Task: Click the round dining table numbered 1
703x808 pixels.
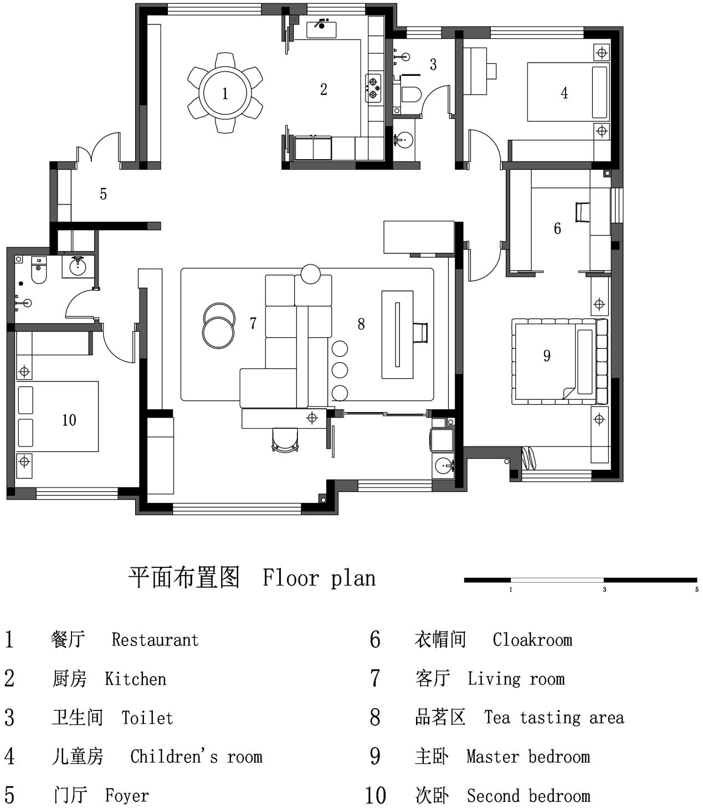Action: click(x=225, y=93)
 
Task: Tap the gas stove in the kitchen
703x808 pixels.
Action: click(x=373, y=88)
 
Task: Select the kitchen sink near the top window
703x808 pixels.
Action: click(x=321, y=29)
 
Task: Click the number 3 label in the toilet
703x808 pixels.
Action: click(x=433, y=64)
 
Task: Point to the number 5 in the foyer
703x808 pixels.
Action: click(x=103, y=194)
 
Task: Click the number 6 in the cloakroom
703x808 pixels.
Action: click(x=557, y=228)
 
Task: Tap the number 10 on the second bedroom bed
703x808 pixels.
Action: click(x=69, y=420)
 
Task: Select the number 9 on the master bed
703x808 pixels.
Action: click(x=546, y=356)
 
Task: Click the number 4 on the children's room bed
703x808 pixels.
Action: click(x=564, y=93)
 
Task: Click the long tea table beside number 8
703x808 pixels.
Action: click(x=397, y=334)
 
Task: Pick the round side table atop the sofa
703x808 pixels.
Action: click(x=310, y=274)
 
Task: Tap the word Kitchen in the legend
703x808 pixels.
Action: click(x=135, y=679)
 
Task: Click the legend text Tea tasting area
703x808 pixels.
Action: click(x=554, y=718)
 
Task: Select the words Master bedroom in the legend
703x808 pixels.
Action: click(x=528, y=756)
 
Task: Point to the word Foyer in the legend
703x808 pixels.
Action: click(x=127, y=795)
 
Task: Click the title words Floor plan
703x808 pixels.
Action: click(x=319, y=578)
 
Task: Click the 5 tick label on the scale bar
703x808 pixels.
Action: click(x=697, y=590)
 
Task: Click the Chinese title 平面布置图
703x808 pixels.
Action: click(x=184, y=577)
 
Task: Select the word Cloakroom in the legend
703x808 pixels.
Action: click(x=532, y=640)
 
